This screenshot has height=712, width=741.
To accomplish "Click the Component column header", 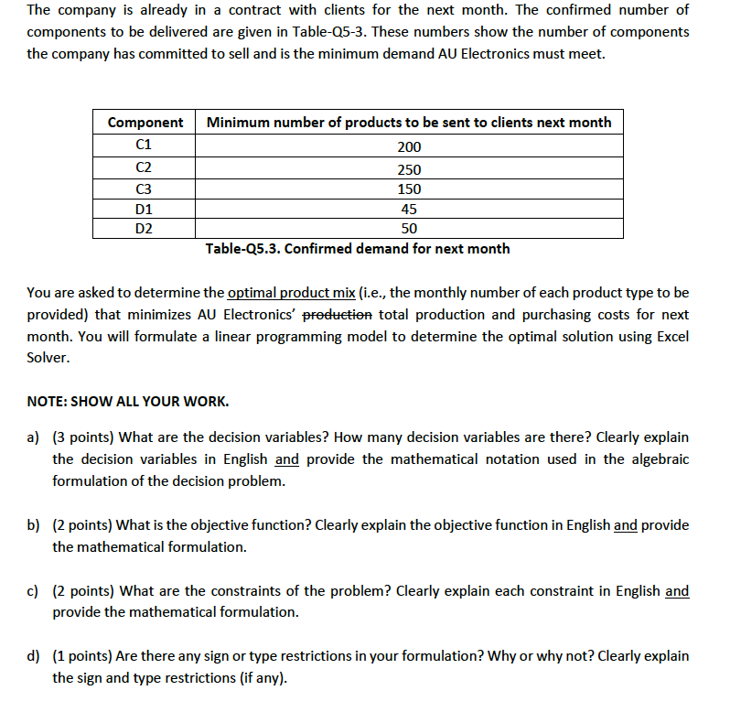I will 145,123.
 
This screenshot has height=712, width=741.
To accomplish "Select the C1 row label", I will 144,145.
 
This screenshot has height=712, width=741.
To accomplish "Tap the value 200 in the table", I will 409,146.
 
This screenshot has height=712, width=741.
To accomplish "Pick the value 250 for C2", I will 409,169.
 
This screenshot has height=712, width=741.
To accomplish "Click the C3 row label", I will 144,189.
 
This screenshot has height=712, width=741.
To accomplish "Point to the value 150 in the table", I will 409,189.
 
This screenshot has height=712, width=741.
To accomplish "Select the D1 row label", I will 144,210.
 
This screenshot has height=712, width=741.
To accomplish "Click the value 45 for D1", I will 409,210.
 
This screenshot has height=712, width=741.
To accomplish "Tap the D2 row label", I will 144,229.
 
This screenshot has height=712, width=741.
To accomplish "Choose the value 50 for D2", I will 409,229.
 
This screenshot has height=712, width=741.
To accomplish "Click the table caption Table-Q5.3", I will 358,249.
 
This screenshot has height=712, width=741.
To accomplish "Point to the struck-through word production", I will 337,315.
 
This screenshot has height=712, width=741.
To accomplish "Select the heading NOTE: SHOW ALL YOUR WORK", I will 127,402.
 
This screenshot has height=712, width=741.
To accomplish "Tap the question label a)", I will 34,437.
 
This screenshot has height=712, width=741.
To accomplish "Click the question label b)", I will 34,525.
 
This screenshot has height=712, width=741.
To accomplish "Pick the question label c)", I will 34,591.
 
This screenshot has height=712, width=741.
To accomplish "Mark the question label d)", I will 34,656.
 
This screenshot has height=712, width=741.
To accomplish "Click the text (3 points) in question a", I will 84,437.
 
